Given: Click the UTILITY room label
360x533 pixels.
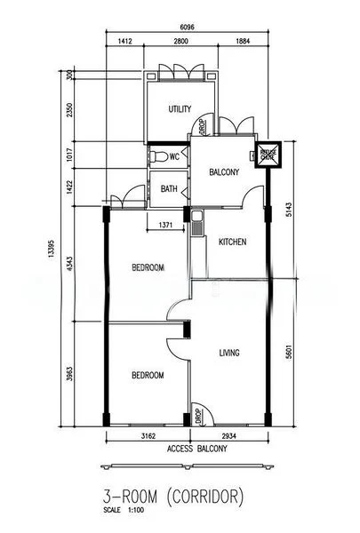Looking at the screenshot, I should [x=180, y=109].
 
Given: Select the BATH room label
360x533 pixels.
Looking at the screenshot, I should [x=169, y=188].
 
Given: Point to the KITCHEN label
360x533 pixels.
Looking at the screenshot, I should [x=232, y=242].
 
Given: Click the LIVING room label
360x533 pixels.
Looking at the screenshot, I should [x=230, y=353].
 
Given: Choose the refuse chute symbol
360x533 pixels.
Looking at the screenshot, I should [x=267, y=155].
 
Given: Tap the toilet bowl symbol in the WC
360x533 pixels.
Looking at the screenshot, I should [x=156, y=157].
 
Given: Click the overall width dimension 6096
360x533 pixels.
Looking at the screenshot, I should [x=187, y=26].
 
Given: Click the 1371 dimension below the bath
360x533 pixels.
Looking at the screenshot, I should [x=165, y=227].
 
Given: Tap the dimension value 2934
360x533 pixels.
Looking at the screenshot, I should [x=228, y=437].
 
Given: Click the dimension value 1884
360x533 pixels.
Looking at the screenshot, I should [x=243, y=41].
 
